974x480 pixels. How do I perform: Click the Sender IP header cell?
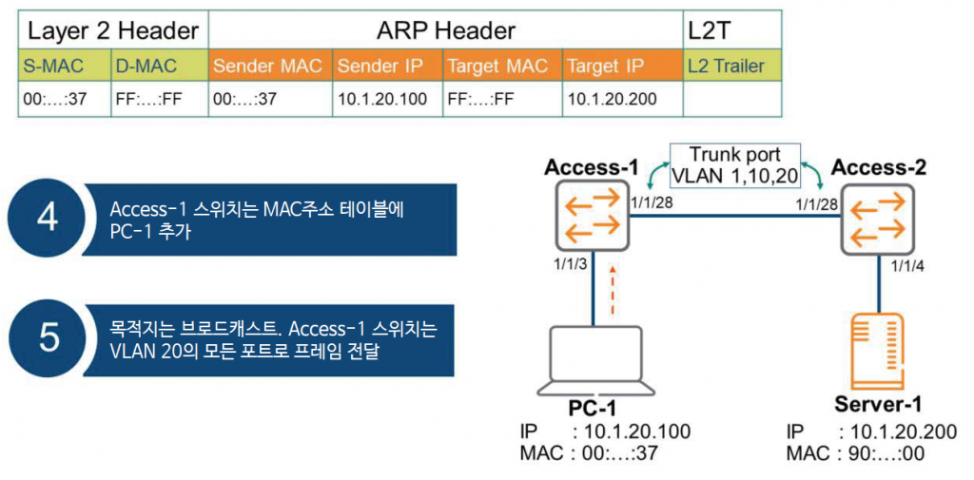click(386, 67)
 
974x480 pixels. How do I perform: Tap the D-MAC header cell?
click(159, 67)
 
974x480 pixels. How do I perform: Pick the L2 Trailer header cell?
click(731, 67)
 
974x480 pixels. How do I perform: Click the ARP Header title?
click(445, 29)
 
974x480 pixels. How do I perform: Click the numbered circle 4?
click(48, 220)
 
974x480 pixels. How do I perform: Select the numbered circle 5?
click(48, 340)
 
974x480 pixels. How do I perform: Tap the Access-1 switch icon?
click(593, 215)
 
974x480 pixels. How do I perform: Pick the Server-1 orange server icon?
click(878, 350)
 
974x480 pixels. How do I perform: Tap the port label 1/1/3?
click(568, 264)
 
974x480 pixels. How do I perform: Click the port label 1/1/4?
click(906, 268)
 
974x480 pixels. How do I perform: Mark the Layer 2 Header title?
click(114, 29)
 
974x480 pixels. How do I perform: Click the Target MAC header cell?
click(500, 67)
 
